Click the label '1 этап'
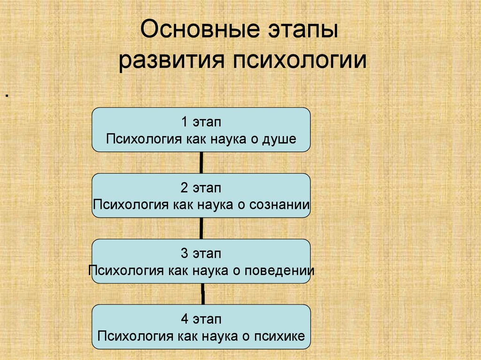[201, 122]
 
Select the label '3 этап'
[201, 254]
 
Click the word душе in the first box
[281, 139]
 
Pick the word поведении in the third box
[281, 271]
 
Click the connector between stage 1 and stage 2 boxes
[202, 162]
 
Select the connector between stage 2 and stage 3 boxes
[202, 228]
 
